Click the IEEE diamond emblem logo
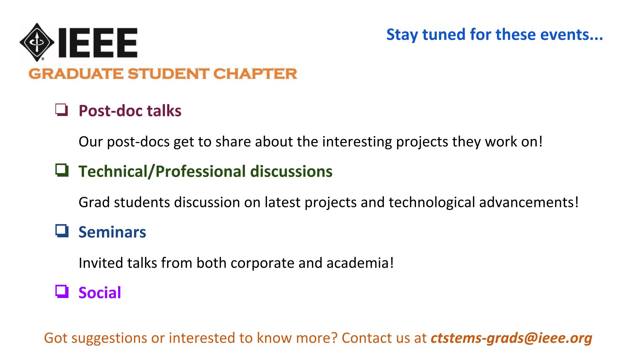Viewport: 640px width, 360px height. coord(37,42)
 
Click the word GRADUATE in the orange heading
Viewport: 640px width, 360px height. coord(76,74)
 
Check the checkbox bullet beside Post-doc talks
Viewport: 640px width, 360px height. coord(62,110)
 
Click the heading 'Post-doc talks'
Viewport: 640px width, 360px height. coord(130,111)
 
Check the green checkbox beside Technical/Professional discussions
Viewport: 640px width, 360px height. coord(62,171)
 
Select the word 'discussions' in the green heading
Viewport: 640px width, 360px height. coord(291,171)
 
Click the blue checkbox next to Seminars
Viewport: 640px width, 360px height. coord(62,231)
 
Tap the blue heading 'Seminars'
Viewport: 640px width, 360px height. coord(112,232)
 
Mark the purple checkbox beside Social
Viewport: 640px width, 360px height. coord(62,292)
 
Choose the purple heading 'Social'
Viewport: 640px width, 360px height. coord(100,293)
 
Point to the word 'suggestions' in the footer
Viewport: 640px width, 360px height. coord(109,338)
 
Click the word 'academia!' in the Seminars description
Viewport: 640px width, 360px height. coord(360,263)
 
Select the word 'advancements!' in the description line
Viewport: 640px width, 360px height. coord(529,202)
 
